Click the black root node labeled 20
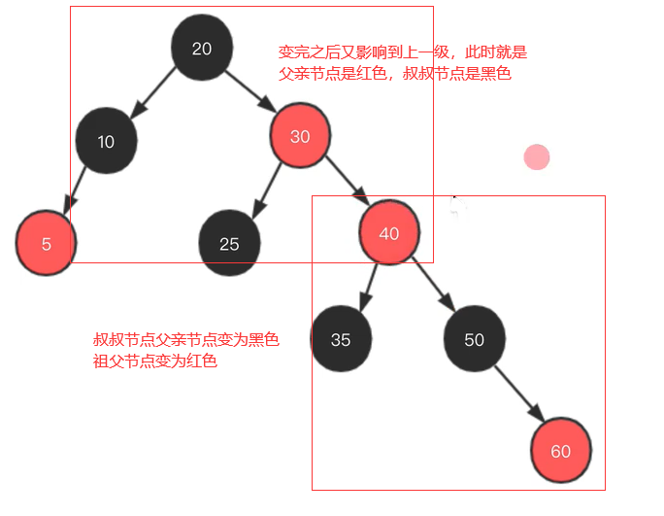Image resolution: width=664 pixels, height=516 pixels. pos(202,48)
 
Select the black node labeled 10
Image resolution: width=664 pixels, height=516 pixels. pos(106,141)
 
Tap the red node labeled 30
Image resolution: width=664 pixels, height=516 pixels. pos(300,137)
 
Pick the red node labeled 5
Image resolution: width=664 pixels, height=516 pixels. pos(46,243)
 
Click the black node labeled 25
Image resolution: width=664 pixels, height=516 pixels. pos(229,243)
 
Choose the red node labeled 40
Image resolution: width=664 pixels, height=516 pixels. pos(388,233)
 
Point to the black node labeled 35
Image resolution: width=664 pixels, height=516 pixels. pos(341,339)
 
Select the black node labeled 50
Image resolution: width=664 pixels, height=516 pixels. pos(474,339)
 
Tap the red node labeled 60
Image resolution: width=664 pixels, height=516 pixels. pos(560,451)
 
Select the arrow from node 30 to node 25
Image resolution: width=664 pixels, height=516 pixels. pos(266,189)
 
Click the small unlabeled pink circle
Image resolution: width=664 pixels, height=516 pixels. pos(536,157)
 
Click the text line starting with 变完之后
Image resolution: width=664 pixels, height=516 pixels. pos(402,52)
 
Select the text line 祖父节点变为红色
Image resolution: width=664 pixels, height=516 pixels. pos(155,361)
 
